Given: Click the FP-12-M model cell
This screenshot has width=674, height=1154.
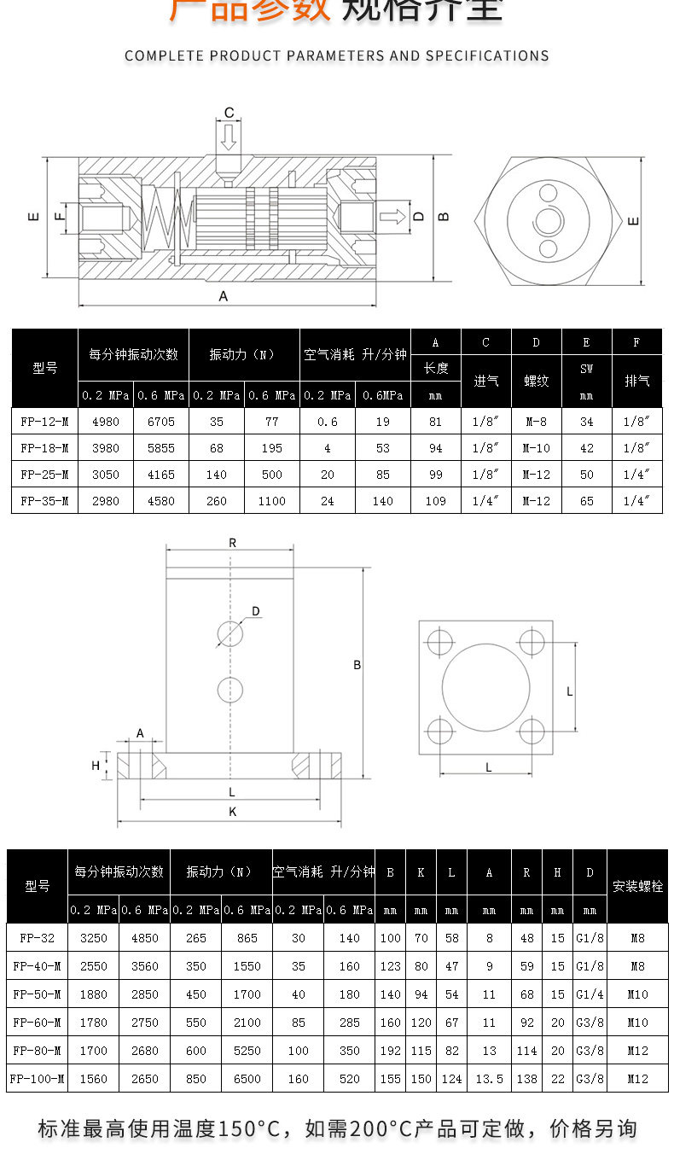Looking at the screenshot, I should (44, 422).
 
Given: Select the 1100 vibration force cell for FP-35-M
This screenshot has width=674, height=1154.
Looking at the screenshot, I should (271, 501).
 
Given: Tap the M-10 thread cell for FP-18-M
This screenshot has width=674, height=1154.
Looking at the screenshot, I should (536, 448).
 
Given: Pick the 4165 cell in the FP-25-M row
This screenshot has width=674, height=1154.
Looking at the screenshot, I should (160, 475).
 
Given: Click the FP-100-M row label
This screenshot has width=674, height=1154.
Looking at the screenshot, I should (38, 1079).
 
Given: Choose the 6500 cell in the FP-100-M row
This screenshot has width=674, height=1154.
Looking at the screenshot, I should (247, 1079).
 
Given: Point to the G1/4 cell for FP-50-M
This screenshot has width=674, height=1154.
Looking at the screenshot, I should (590, 994).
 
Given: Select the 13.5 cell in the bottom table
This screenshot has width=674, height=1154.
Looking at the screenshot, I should (489, 1079).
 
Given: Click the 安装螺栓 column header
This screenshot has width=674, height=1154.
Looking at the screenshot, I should (637, 886).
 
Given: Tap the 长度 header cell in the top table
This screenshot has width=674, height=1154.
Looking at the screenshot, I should (435, 369).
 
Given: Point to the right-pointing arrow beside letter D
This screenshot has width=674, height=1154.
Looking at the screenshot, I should (393, 215).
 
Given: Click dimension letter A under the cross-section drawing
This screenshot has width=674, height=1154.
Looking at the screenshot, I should (224, 296).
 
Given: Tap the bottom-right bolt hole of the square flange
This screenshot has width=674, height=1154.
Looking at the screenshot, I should (532, 731).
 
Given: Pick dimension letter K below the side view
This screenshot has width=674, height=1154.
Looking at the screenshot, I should (232, 813).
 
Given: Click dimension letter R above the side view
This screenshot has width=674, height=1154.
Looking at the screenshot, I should (232, 543).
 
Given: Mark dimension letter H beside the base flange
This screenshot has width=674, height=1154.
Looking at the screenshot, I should (96, 766).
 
